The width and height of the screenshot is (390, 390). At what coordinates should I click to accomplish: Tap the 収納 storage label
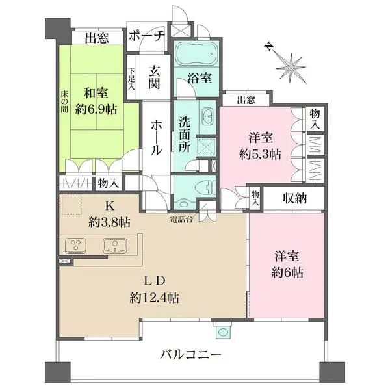tap(294, 198)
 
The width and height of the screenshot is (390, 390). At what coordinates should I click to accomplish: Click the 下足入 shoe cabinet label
tap(131, 79)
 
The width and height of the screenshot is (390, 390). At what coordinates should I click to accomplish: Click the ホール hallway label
tap(156, 137)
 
